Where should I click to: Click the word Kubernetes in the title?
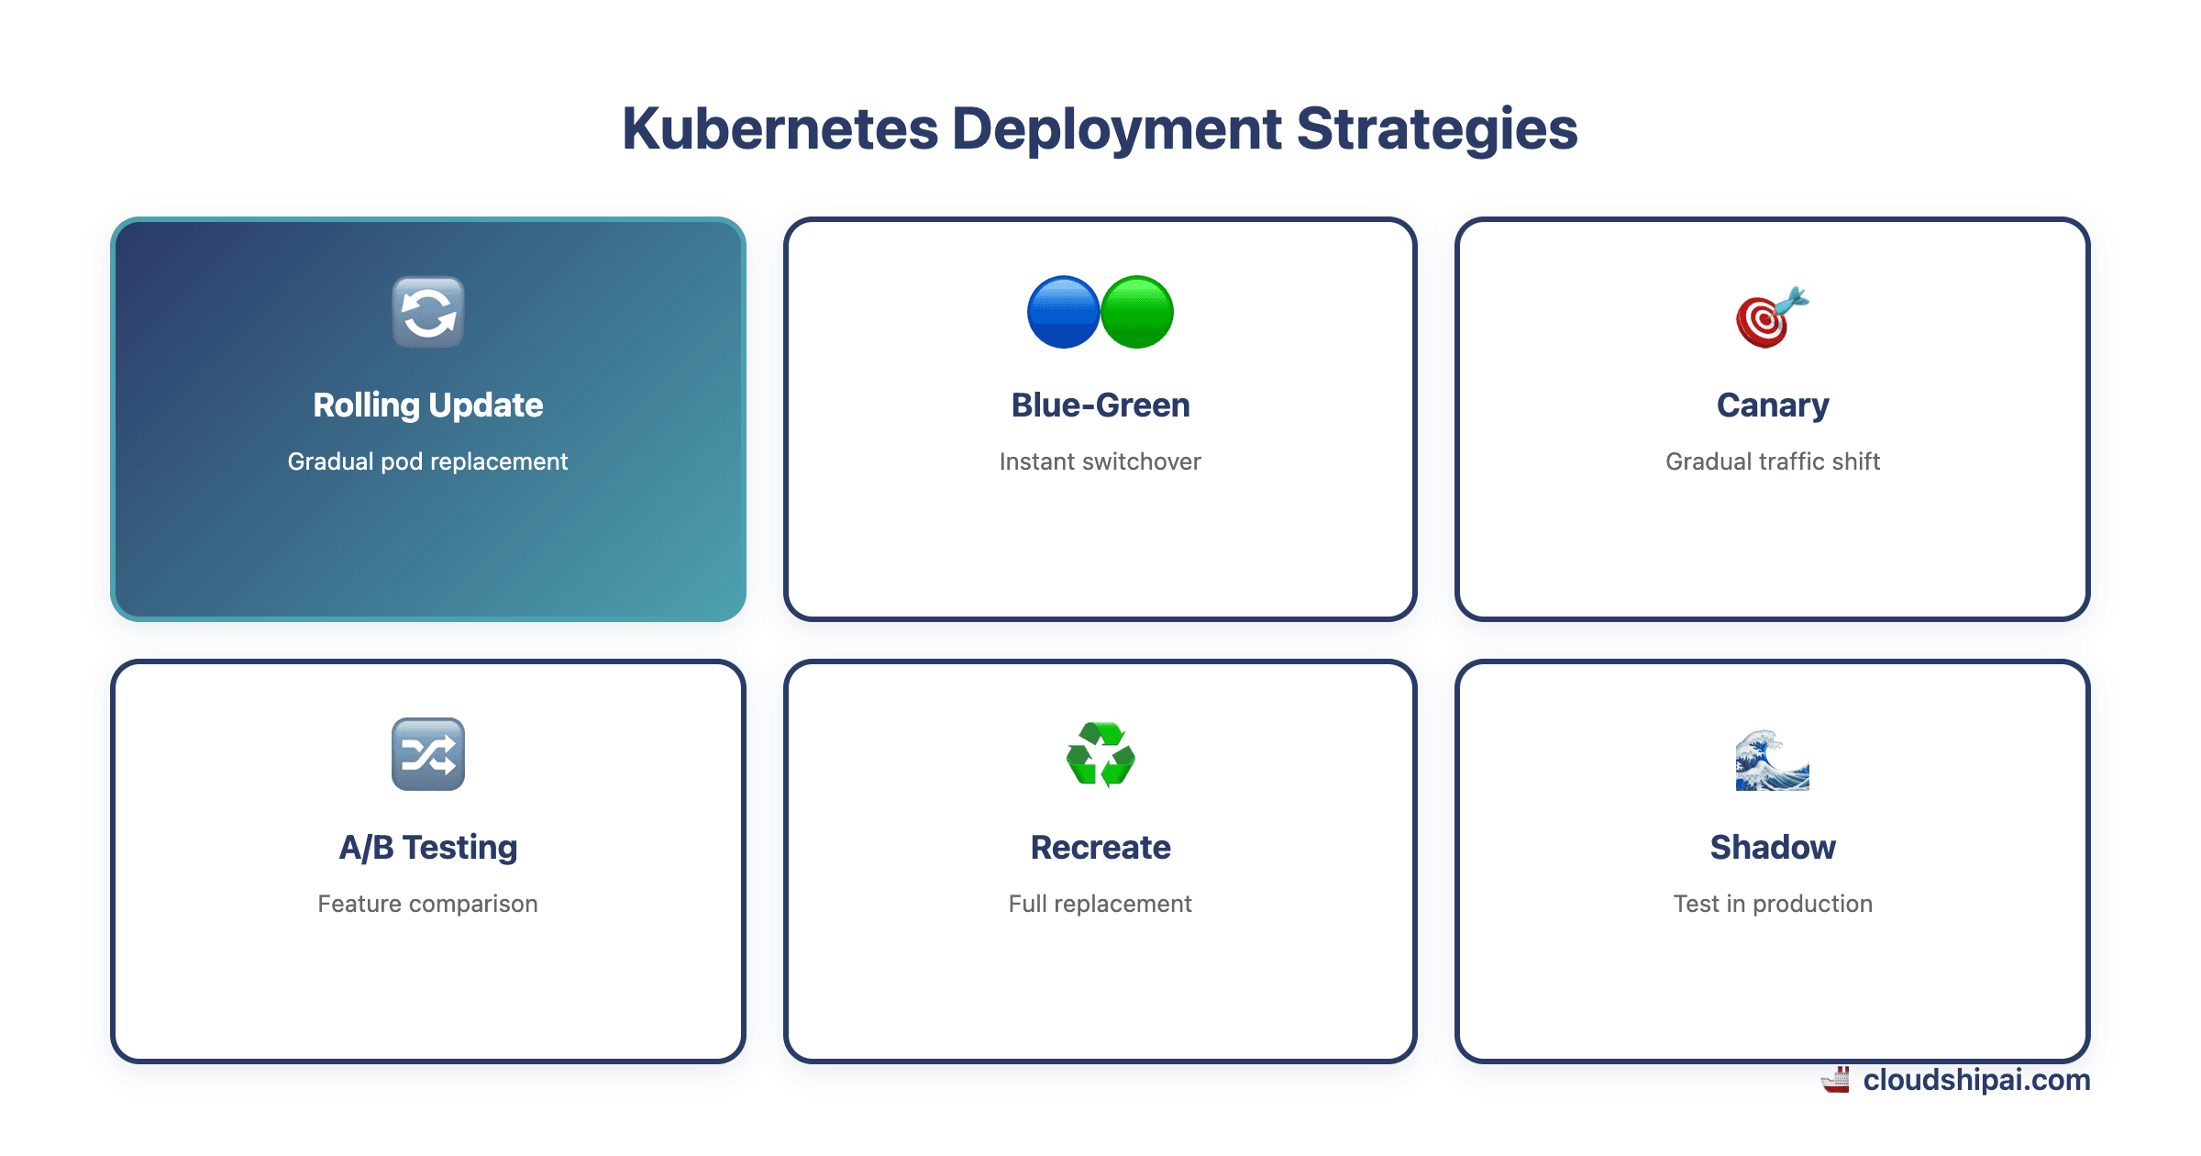pyautogui.click(x=780, y=129)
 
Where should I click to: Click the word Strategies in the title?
pyautogui.click(x=1436, y=129)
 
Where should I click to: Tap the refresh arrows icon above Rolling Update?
pyautogui.click(x=428, y=313)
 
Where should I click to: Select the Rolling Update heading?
pyautogui.click(x=428, y=406)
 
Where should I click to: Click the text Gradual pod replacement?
pyautogui.click(x=428, y=461)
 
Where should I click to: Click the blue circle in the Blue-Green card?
pyautogui.click(x=1063, y=313)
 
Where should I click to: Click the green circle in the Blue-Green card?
pyautogui.click(x=1137, y=313)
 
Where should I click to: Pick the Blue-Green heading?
pyautogui.click(x=1100, y=406)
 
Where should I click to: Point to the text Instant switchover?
pyautogui.click(x=1100, y=461)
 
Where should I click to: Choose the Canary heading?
pyautogui.click(x=1773, y=406)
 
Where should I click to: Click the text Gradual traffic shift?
pyautogui.click(x=1773, y=461)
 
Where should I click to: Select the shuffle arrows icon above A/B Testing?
pyautogui.click(x=428, y=754)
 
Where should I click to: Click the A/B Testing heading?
pyautogui.click(x=428, y=848)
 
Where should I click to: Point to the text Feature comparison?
pyautogui.click(x=428, y=904)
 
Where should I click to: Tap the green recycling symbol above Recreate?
pyautogui.click(x=1100, y=755)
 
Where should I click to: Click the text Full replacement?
pyautogui.click(x=1100, y=904)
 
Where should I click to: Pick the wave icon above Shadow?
pyautogui.click(x=1772, y=760)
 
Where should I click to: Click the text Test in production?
pyautogui.click(x=1773, y=904)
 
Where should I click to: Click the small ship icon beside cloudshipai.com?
pyautogui.click(x=1836, y=1080)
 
